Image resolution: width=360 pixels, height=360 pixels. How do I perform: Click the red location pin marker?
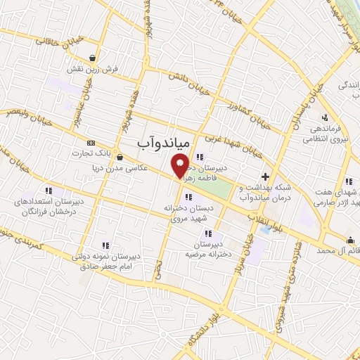180,167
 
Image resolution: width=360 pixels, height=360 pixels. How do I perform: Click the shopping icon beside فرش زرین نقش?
92,58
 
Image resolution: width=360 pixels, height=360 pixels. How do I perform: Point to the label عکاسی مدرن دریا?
117,167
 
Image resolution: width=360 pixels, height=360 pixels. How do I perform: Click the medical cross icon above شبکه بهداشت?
265,176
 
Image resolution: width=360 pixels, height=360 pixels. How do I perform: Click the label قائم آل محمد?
335,250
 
